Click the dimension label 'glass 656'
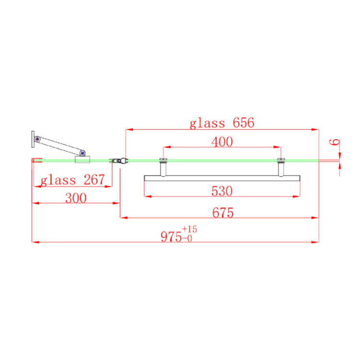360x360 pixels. coord(221,123)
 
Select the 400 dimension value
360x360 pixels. coord(222,142)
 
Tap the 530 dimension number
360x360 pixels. coord(222,192)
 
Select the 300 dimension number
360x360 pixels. coord(75,198)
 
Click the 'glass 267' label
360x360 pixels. coord(72,180)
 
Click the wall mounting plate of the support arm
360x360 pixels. coord(33,139)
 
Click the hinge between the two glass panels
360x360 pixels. coord(119,161)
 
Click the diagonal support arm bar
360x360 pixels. coord(60,145)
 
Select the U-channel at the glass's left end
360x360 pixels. coord(34,161)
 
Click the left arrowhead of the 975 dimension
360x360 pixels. coord(34,242)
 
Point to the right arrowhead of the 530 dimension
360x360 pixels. coord(298,196)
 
